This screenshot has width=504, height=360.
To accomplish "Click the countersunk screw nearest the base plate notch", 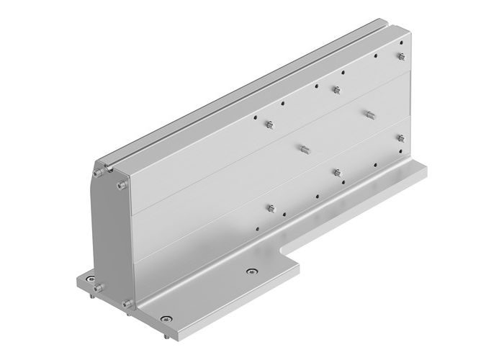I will (251, 271).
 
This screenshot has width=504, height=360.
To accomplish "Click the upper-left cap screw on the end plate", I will (96, 172).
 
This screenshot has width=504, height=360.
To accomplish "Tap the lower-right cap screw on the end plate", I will (126, 305).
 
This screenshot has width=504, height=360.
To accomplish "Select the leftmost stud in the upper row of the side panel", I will (269, 125).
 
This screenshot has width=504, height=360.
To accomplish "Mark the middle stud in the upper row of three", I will (336, 89).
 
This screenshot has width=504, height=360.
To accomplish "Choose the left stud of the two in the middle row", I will (303, 149).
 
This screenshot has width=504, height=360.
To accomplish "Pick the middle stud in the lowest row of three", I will (336, 171).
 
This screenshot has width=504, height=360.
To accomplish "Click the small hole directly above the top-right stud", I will (400, 44).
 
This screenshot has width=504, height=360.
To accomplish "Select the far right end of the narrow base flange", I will (425, 170).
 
